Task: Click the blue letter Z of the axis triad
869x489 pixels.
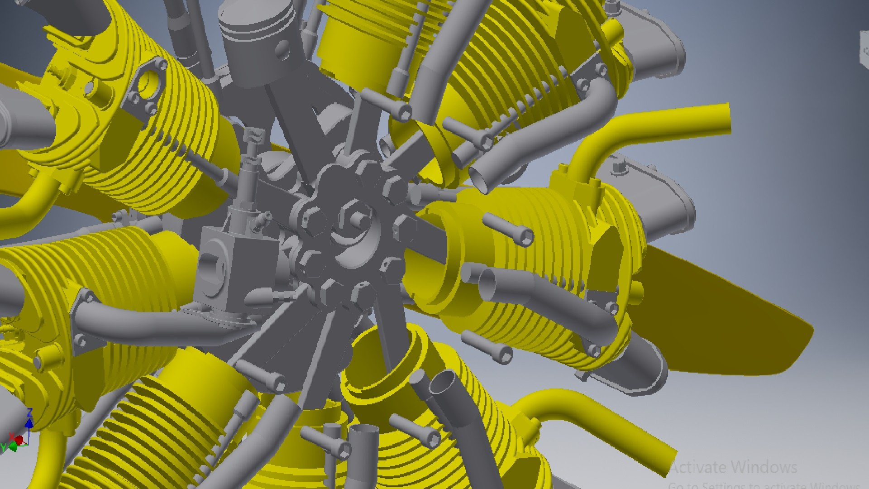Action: tap(30, 412)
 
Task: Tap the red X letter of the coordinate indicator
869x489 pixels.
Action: tap(12, 436)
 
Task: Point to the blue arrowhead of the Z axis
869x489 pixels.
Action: tap(29, 424)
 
